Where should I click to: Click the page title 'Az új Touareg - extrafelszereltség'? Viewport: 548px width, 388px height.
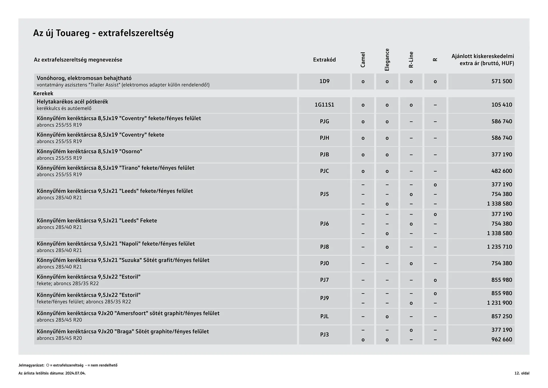pos(103,33)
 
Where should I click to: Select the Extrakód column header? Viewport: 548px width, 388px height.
pos(324,60)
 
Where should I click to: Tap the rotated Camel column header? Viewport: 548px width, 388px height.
pos(363,60)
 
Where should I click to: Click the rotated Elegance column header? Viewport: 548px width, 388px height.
pos(387,60)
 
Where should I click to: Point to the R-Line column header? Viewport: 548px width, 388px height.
pos(411,60)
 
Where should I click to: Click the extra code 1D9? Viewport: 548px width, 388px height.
pos(324,81)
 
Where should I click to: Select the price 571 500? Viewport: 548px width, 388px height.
pos(501,81)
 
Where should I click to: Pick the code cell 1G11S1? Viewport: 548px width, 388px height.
pos(324,105)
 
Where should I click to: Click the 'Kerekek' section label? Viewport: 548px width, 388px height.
pos(43,93)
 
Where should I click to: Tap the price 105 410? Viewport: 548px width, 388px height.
pos(501,105)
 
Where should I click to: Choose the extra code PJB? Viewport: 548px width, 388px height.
pos(324,155)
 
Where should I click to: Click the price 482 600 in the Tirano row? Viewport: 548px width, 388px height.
pos(501,171)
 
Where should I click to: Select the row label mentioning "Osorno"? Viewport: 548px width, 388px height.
pos(89,151)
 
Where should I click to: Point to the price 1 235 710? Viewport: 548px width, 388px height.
pos(499,247)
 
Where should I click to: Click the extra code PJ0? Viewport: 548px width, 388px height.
pos(324,263)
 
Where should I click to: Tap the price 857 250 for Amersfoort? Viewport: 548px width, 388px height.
pos(501,317)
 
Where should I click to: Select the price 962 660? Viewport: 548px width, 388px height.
pos(501,340)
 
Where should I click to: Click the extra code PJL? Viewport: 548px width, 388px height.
pos(324,317)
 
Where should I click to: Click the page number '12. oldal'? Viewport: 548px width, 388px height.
pos(522,373)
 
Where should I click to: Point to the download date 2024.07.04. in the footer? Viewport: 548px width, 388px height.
pos(75,373)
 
